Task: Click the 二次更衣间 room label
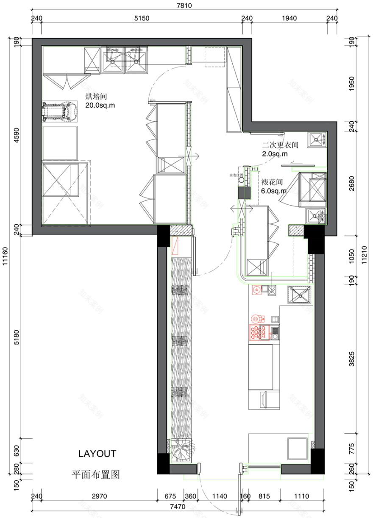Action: coord(280,145)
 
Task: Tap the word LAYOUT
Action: coord(97,454)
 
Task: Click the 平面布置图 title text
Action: coord(96,475)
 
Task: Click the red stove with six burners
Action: coord(256,332)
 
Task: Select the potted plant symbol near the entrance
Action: coord(182,451)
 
